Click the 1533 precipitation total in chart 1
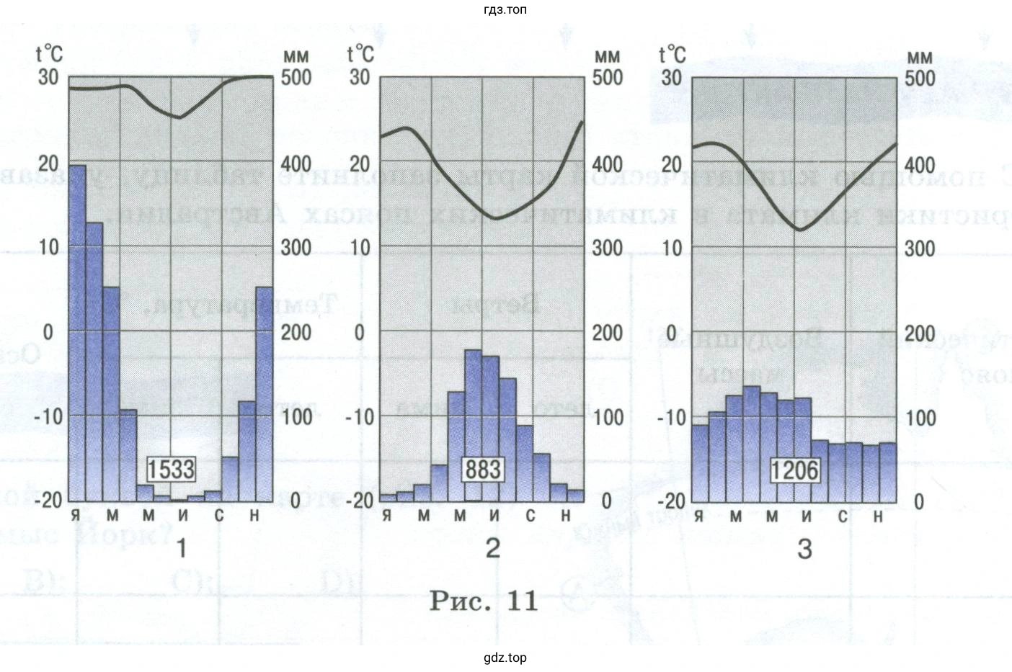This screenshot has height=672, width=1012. pos(171,470)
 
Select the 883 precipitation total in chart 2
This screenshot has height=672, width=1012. pos(482,470)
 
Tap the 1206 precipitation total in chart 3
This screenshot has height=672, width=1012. pos(794,470)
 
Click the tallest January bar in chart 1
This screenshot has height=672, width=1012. pos(77,331)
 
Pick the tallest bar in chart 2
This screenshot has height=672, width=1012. pos(474,425)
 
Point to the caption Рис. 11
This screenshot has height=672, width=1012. pos(484,601)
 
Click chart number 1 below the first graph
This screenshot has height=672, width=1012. pos(182,548)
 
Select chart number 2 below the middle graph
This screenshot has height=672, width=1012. pos(493,548)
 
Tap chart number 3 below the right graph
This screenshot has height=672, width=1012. pos(804,549)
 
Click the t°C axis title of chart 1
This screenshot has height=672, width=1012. pos(49,53)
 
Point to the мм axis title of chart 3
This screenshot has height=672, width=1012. pos(919,56)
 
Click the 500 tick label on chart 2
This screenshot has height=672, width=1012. pos(607,77)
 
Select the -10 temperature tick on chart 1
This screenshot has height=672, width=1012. pos(48,416)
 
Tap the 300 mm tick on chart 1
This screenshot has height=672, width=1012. pos(296,247)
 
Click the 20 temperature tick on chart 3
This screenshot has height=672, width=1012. pos(671,163)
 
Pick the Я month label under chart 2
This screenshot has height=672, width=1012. pos(387,516)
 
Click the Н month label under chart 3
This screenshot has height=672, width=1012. pos(877,516)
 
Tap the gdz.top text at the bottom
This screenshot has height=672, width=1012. pos(505,658)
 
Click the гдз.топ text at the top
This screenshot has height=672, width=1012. pos(506,10)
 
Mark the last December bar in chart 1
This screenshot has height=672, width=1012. pos(265,394)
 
